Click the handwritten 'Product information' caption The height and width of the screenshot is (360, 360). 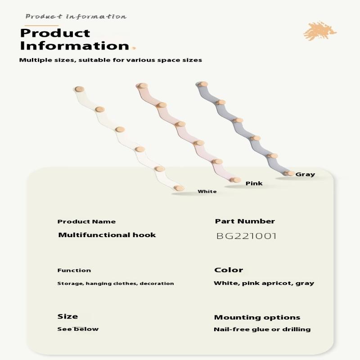(76, 17)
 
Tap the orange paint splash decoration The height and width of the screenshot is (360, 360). (319, 31)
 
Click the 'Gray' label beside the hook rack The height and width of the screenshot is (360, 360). (305, 175)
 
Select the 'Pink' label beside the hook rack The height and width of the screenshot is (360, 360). (254, 184)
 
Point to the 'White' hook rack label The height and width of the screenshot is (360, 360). (207, 192)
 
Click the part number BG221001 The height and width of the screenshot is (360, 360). (246, 236)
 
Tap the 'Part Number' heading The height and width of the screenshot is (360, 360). (245, 221)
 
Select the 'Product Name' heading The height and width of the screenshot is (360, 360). (86, 222)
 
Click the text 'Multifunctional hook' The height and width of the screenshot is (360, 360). (107, 235)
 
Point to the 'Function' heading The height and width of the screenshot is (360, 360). (74, 270)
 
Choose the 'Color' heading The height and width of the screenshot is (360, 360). (229, 270)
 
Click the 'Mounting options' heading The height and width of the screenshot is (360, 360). (257, 318)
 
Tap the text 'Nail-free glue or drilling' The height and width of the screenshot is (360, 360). (262, 329)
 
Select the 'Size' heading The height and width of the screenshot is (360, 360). (67, 316)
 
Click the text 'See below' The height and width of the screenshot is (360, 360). (78, 329)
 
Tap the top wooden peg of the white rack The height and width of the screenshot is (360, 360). (80, 89)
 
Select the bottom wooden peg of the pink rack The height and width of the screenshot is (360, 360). (235, 180)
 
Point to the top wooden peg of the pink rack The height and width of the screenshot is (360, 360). (142, 86)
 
